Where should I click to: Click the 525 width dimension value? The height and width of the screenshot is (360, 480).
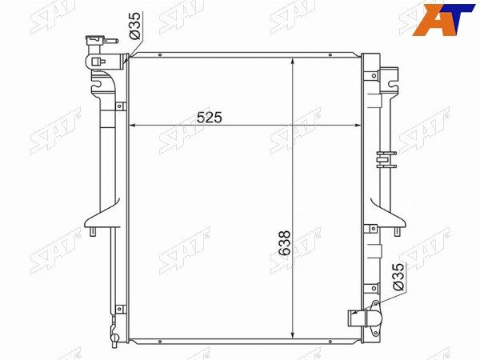pyautogui.click(x=209, y=118)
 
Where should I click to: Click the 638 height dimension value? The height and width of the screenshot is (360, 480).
pyautogui.click(x=284, y=243)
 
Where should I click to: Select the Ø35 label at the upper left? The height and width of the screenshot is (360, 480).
pyautogui.click(x=134, y=26)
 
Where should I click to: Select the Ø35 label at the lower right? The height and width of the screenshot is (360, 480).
pyautogui.click(x=398, y=277)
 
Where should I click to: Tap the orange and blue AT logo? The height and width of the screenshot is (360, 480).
pyautogui.click(x=444, y=20)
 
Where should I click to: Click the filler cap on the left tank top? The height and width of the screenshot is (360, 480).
pyautogui.click(x=97, y=41)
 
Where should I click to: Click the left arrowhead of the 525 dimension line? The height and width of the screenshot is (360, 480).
pyautogui.click(x=133, y=126)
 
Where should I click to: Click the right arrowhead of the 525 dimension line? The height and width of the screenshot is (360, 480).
pyautogui.click(x=358, y=126)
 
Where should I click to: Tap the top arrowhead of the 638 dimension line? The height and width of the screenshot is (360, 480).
pyautogui.click(x=293, y=62)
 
